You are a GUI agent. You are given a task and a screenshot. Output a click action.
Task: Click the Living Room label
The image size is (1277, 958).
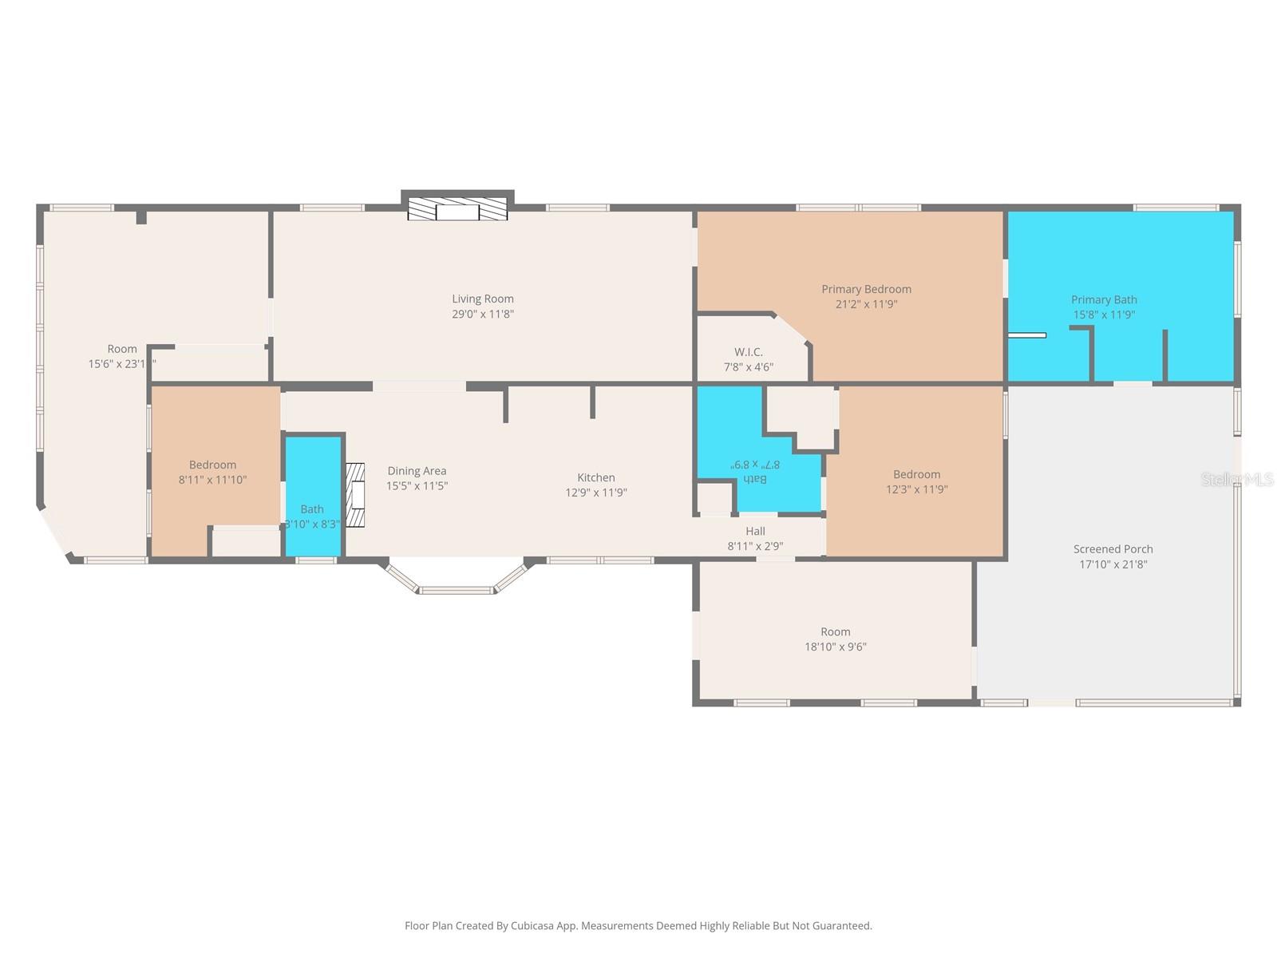(483, 299)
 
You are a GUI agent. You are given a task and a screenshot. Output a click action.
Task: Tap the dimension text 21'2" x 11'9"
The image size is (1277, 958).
(866, 304)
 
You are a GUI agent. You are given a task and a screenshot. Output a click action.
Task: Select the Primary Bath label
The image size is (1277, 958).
(1104, 299)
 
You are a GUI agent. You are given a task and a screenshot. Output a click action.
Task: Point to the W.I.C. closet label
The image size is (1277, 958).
(749, 352)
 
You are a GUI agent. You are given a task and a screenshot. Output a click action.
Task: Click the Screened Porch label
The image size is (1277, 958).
(1113, 549)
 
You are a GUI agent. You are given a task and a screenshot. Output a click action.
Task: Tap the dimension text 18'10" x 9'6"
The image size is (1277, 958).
(835, 647)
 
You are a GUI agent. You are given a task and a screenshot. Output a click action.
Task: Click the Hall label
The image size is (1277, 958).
(755, 531)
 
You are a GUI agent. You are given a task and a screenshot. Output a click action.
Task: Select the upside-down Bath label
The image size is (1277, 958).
(754, 479)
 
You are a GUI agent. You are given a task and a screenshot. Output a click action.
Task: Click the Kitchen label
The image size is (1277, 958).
(596, 477)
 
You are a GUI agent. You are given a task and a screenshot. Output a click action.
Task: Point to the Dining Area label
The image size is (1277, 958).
(417, 471)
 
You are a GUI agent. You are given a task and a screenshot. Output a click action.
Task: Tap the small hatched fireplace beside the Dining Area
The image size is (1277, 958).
(355, 495)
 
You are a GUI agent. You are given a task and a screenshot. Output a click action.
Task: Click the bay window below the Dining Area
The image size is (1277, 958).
(457, 589)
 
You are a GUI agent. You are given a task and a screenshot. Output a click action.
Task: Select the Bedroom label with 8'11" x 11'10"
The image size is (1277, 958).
(212, 465)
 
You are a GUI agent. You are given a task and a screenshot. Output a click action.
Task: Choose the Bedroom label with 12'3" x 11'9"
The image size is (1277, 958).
(916, 474)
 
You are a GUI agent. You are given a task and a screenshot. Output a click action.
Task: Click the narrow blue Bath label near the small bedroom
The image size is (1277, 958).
(312, 509)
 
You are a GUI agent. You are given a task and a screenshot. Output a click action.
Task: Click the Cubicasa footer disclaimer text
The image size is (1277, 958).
(638, 926)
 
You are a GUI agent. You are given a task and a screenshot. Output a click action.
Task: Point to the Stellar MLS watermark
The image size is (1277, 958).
(1237, 479)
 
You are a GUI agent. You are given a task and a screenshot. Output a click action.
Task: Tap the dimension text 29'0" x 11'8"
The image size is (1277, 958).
(483, 314)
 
